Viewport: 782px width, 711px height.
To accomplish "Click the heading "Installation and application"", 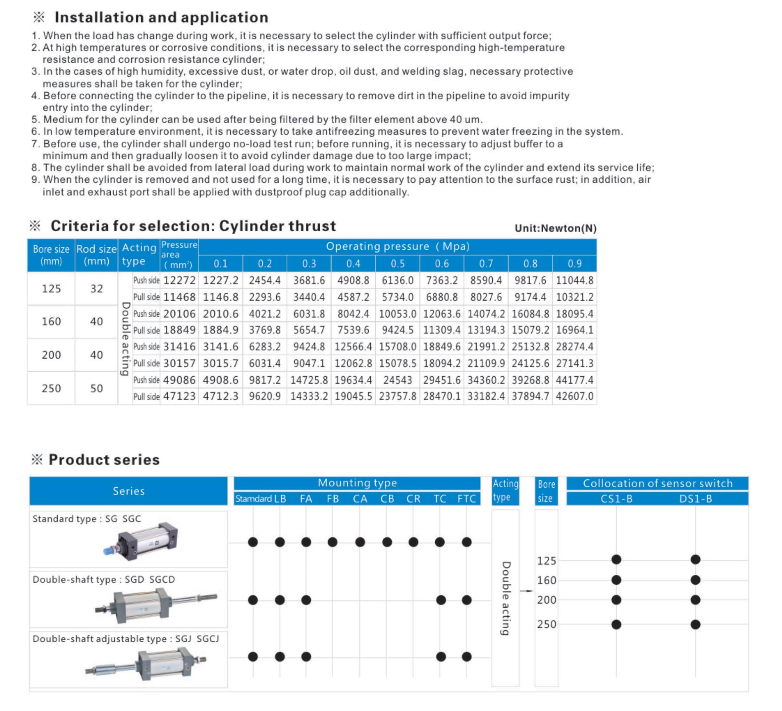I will (161, 18).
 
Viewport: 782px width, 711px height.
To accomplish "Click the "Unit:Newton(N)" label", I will (555, 228).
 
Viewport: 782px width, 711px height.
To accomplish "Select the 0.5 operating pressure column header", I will (397, 263).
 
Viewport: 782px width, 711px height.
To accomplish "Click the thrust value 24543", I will (397, 380).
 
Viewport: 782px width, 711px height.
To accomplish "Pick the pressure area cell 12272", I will (179, 280).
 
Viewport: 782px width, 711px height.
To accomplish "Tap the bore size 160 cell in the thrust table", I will (51, 322).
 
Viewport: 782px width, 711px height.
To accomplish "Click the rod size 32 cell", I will (97, 289).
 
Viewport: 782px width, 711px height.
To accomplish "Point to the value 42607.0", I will (574, 396).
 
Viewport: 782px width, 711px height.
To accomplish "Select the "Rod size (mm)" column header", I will (96, 255).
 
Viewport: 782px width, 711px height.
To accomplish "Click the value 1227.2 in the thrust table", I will (221, 280).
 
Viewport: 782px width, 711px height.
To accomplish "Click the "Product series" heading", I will (104, 459).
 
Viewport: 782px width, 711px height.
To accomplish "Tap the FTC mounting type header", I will (466, 499).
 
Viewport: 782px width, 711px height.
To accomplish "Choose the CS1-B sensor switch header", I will (616, 499).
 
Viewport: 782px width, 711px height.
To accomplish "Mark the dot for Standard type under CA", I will (360, 542).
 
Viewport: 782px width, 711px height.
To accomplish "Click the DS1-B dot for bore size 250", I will (695, 624).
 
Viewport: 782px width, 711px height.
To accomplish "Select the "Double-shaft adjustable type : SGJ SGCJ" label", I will (126, 639).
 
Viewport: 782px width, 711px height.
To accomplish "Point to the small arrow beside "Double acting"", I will (526, 591).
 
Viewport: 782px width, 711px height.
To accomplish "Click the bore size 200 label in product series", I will (546, 600).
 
